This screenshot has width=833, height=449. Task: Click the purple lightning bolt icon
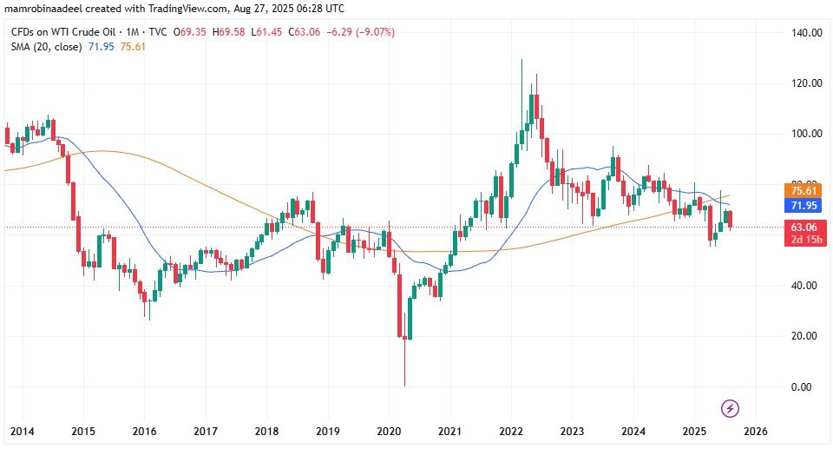pos(731,407)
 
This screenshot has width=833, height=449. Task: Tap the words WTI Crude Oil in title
pos(88,32)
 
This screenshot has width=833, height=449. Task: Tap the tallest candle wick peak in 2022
pos(521,61)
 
